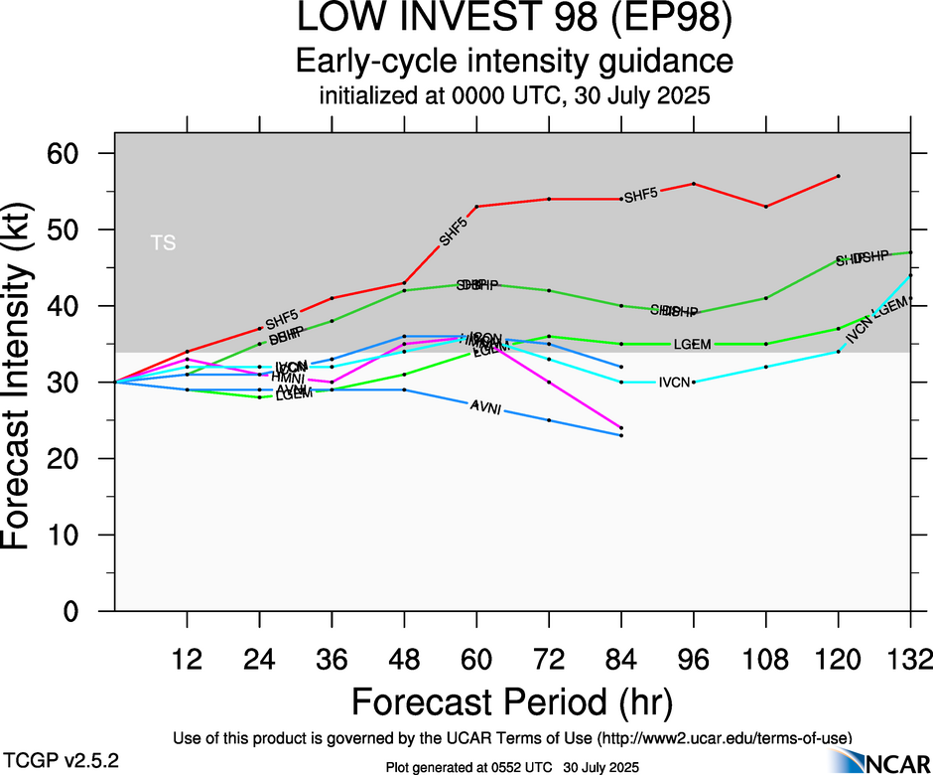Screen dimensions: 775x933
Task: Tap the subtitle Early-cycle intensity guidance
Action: [514, 62]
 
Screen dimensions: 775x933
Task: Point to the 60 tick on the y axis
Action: [78, 153]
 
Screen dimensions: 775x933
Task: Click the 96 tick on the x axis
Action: [693, 659]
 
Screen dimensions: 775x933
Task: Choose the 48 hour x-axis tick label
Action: [404, 659]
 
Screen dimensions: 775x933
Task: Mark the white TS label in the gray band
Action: [163, 241]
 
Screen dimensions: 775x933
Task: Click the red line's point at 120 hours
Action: [839, 176]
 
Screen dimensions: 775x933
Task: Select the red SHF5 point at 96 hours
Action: [693, 184]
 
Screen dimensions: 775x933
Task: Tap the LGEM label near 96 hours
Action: [691, 344]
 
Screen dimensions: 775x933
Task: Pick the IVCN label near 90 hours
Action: [674, 382]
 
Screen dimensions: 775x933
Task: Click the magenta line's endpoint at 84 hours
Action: [621, 427]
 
